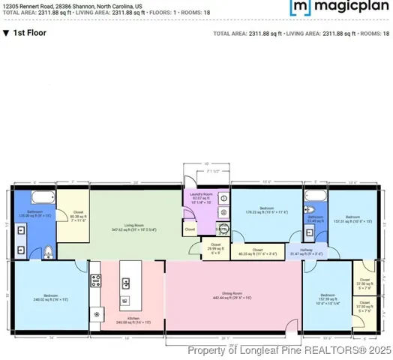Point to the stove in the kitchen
(x=96, y=282)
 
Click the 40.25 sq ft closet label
(x=257, y=252)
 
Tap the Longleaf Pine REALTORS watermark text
(x=289, y=349)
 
